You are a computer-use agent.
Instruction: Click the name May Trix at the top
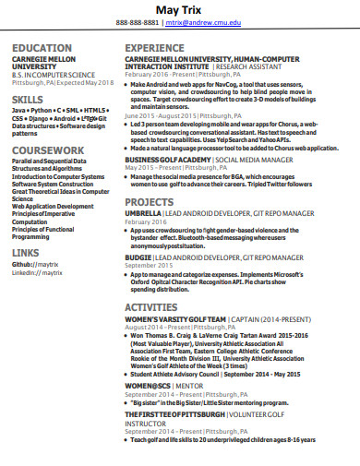[181, 8]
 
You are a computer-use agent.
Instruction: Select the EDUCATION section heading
[42, 47]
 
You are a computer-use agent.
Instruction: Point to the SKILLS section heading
[27, 98]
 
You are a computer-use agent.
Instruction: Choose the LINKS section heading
[26, 251]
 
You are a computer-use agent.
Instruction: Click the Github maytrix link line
[36, 264]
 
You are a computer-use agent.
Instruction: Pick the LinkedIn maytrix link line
[38, 272]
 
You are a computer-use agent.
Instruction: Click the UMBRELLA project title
[144, 212]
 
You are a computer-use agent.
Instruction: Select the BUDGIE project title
[138, 256]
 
